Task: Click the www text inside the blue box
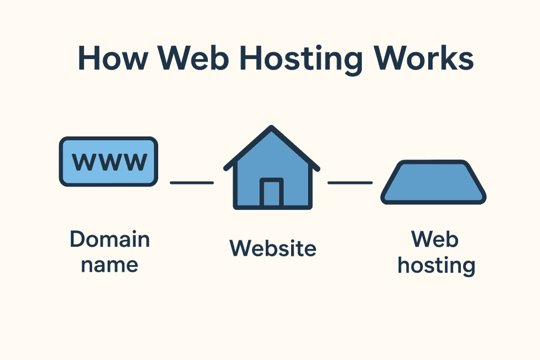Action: pos(109,162)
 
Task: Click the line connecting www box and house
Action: pos(191,183)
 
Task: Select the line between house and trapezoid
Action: pos(350,183)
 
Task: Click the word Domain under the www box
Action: pos(110,240)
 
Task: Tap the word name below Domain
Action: pos(110,264)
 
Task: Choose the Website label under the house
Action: pos(273,248)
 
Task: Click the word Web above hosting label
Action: pos(435,240)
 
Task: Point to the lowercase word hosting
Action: pos(436,265)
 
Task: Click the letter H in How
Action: pos(88,58)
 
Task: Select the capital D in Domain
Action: pos(77,240)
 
